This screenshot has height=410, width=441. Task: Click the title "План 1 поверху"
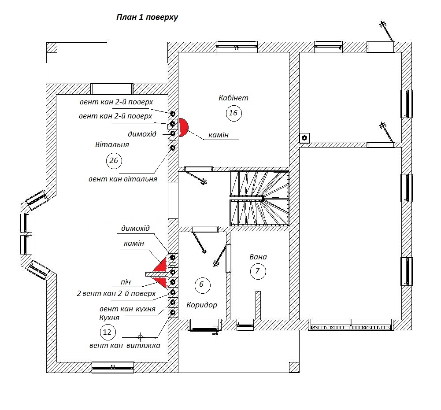pos(147,18)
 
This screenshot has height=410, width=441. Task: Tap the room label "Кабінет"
pos(233,98)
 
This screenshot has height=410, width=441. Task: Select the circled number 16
pos(233,113)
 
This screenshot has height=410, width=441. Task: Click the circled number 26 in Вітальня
pos(114,161)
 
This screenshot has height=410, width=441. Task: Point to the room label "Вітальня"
pos(112,145)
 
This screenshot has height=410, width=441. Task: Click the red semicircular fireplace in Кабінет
pos(183,127)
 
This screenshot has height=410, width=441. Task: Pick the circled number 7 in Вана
pos(258,271)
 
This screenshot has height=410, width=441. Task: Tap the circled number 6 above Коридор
pos(202,284)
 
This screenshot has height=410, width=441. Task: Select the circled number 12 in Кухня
pos(107,332)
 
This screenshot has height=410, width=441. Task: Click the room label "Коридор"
pos(202,305)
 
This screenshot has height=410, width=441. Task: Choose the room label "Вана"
pos(258,257)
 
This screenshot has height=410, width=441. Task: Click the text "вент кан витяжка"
pos(125,346)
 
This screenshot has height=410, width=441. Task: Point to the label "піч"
pos(126,282)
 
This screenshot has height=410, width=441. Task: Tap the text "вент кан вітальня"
pos(122,179)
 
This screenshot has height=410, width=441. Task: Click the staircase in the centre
pos(259,198)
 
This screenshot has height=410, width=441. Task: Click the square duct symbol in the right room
pos(304,138)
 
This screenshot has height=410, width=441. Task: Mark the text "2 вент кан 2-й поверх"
pos(116,294)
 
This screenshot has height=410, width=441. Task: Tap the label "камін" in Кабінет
pos(219,135)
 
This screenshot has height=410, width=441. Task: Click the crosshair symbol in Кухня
pos(140,336)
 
